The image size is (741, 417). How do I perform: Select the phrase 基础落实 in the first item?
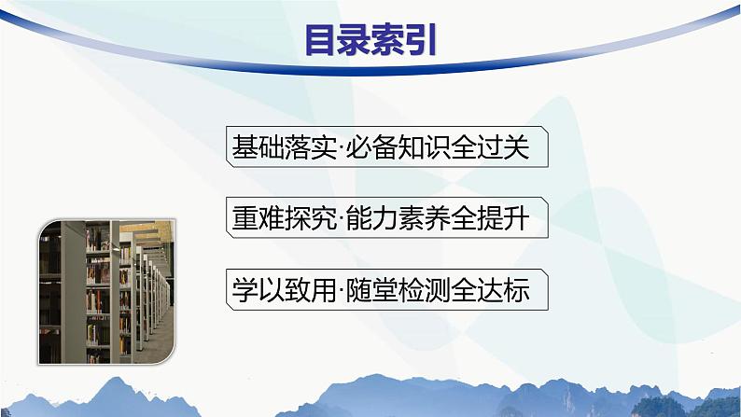click(x=281, y=147)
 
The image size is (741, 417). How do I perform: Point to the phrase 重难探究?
click(x=281, y=220)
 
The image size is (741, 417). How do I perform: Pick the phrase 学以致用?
click(x=281, y=291)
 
